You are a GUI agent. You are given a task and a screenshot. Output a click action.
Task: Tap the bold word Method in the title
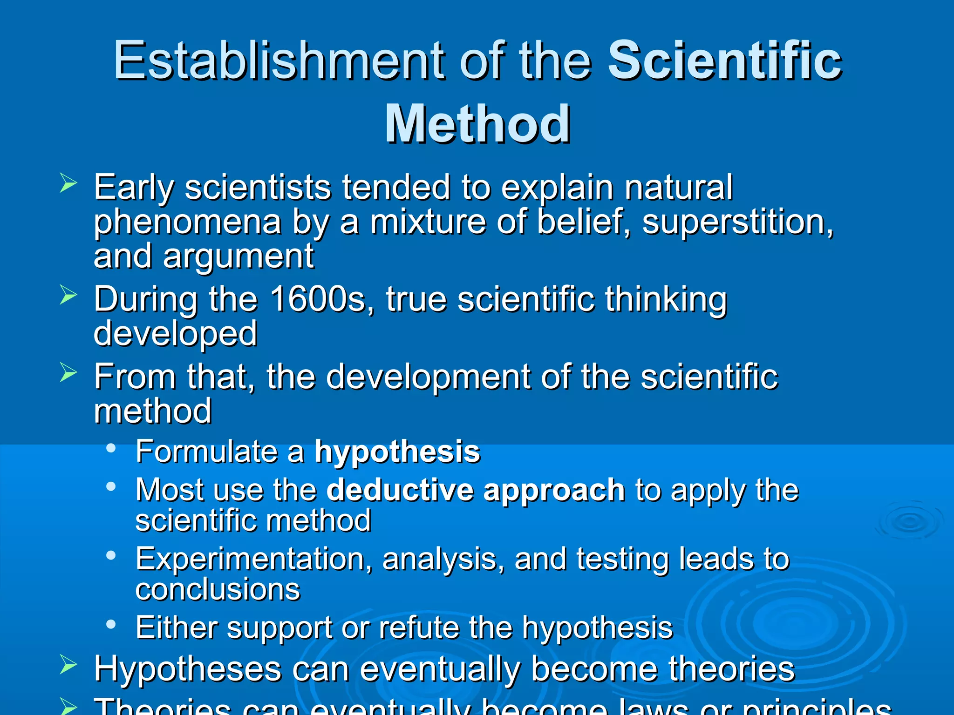click(477, 124)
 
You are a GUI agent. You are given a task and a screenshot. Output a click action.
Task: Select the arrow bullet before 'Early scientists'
click(68, 183)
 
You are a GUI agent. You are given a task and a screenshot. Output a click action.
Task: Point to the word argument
click(238, 256)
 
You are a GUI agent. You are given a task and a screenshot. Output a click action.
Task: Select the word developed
click(176, 333)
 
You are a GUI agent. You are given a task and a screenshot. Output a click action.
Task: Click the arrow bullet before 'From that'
click(68, 373)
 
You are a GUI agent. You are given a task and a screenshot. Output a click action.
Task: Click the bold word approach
click(554, 491)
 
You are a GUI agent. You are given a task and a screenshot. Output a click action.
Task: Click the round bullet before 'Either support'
click(111, 624)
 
